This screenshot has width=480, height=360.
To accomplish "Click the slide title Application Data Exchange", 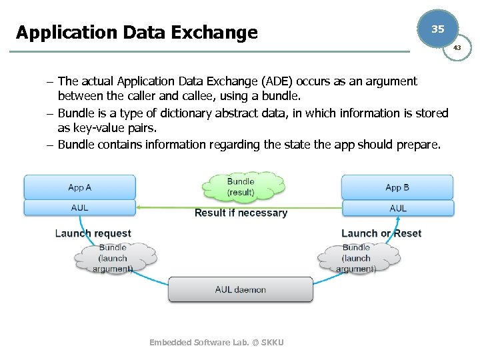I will pyautogui.click(x=137, y=32).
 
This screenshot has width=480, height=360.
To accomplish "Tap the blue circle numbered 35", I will pyautogui.click(x=437, y=29).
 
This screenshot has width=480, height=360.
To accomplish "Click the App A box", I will pyautogui.click(x=79, y=187).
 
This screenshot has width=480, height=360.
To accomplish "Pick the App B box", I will pyautogui.click(x=397, y=187).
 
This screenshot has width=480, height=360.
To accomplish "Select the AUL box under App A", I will pyautogui.click(x=79, y=208).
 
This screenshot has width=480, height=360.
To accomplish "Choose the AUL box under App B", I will pyautogui.click(x=397, y=208).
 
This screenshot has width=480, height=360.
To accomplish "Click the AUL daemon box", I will pyautogui.click(x=240, y=290).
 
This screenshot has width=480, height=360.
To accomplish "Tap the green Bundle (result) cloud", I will pyautogui.click(x=241, y=186).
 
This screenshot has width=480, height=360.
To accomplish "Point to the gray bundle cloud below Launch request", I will pyautogui.click(x=113, y=258).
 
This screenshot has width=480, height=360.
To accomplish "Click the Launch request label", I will pyautogui.click(x=93, y=233).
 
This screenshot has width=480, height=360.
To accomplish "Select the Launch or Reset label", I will pyautogui.click(x=381, y=233).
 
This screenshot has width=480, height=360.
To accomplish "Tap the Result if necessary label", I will pyautogui.click(x=241, y=213).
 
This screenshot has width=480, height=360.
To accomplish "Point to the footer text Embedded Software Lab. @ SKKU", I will pyautogui.click(x=217, y=342).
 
